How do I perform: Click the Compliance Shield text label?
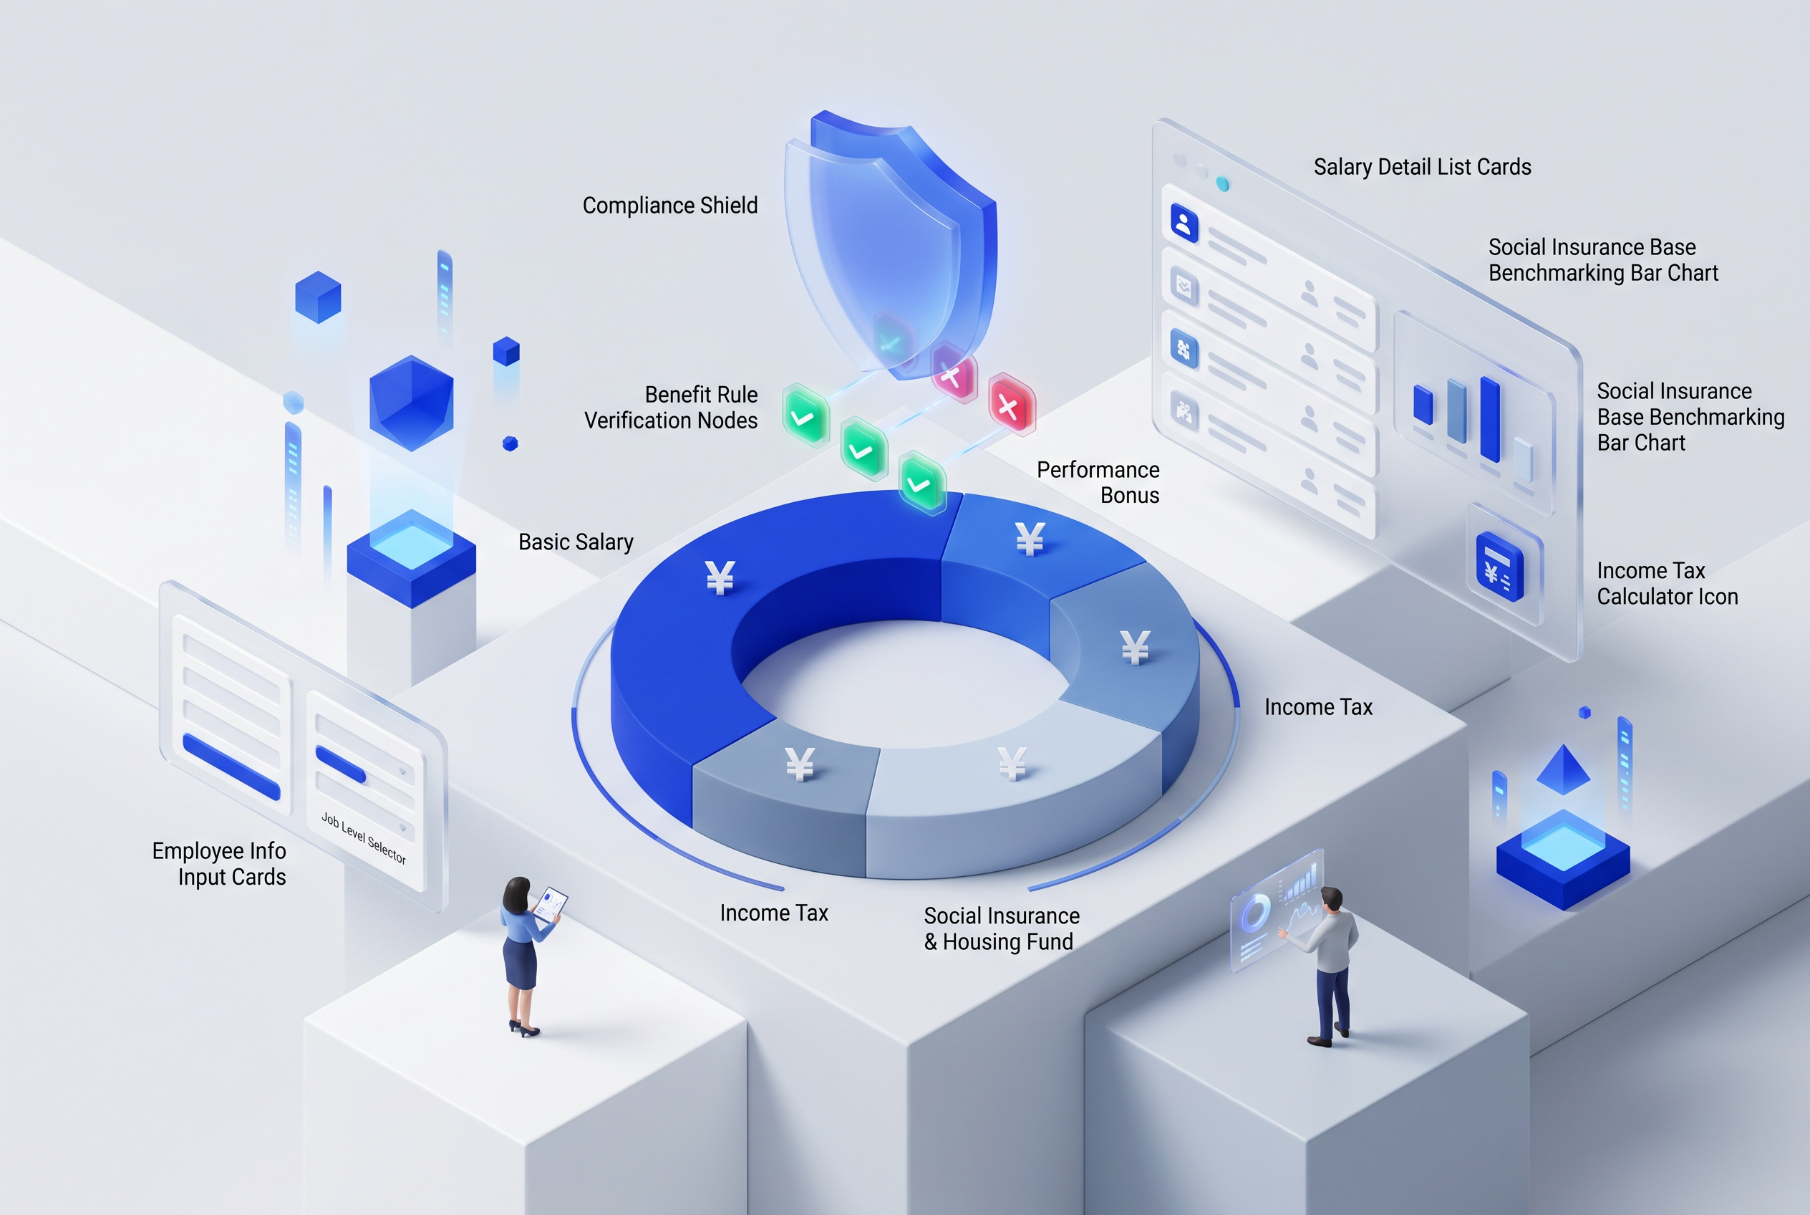click(x=670, y=206)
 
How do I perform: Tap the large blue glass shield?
click(x=891, y=244)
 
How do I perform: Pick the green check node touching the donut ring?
click(x=921, y=484)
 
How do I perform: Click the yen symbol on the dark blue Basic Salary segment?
click(x=720, y=577)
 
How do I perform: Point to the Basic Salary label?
click(x=576, y=542)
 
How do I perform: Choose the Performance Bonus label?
click(x=1098, y=482)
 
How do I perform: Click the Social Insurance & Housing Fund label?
click(x=1001, y=928)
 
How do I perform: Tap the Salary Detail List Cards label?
click(x=1422, y=167)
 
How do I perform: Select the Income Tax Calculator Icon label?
click(x=1667, y=583)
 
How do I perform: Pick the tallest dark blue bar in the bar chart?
click(x=1489, y=418)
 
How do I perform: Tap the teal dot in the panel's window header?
click(x=1222, y=183)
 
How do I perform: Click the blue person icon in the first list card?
click(x=1184, y=224)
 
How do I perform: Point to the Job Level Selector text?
click(x=363, y=837)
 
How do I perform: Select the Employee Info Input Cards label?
click(x=219, y=864)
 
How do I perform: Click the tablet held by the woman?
click(x=551, y=903)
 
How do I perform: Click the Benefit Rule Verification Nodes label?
click(x=671, y=407)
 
